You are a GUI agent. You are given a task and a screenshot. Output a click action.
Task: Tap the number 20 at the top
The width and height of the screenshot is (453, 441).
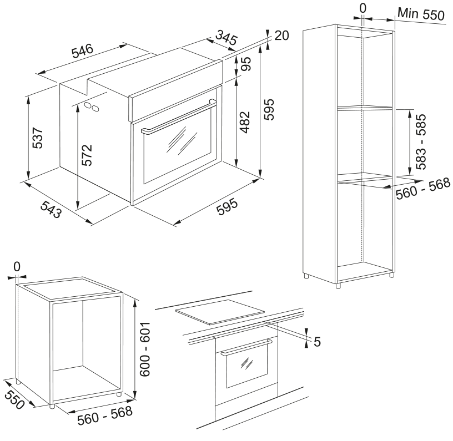pyautogui.click(x=281, y=36)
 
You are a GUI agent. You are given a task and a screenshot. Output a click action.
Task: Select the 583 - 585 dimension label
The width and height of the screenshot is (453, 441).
pyautogui.click(x=421, y=141)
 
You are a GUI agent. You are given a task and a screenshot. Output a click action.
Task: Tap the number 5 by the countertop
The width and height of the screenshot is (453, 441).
pyautogui.click(x=317, y=342)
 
